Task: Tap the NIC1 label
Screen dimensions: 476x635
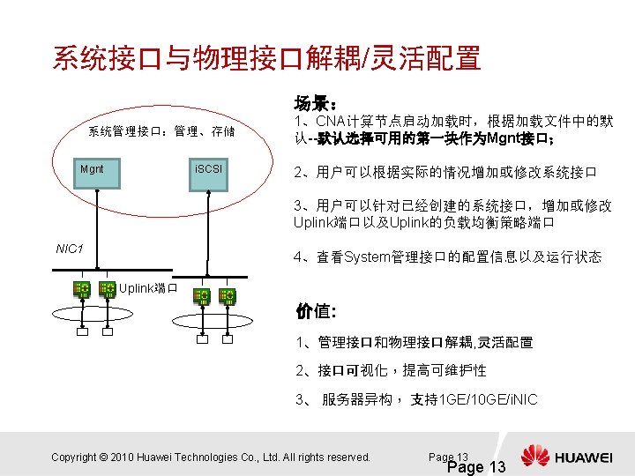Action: tap(70, 249)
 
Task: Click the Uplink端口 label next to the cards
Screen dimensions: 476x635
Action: tap(149, 288)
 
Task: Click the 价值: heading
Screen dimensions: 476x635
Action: tap(314, 311)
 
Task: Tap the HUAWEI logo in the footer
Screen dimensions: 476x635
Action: tap(565, 457)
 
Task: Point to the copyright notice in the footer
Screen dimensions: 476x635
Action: tap(211, 457)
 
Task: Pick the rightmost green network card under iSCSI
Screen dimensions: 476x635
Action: tap(228, 295)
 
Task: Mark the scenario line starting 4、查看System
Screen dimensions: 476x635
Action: tap(447, 257)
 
